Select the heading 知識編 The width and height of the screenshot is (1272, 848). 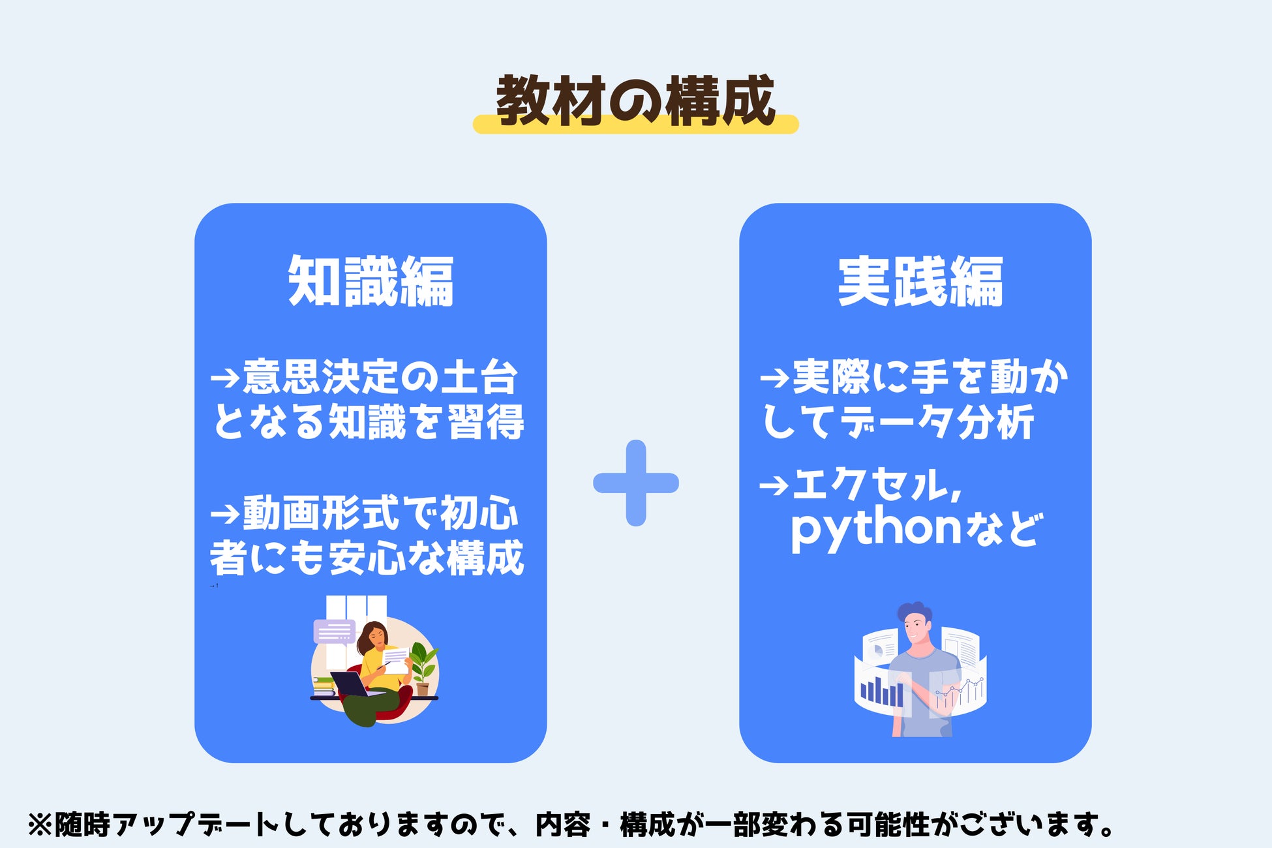click(371, 281)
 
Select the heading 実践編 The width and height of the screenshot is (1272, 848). click(920, 281)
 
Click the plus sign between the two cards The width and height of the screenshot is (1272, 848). click(636, 483)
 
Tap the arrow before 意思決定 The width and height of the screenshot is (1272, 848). click(226, 378)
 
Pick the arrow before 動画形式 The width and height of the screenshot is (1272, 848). click(226, 514)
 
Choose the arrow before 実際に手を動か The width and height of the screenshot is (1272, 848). click(775, 378)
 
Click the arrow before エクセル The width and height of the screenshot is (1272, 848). click(775, 486)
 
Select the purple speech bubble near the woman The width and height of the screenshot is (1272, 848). click(335, 631)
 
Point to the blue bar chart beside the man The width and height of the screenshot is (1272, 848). click(881, 691)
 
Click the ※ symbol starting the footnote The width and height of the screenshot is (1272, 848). click(39, 825)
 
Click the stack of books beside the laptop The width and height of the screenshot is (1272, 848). click(324, 686)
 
